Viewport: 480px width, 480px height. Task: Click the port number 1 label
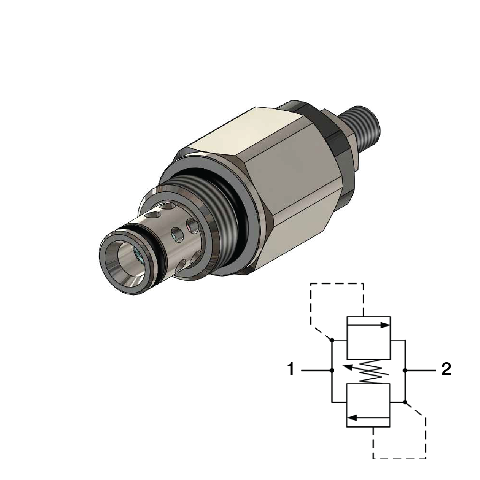[x=291, y=370]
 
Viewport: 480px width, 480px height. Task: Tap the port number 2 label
[x=446, y=370]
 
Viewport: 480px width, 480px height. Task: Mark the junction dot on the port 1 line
[x=332, y=370]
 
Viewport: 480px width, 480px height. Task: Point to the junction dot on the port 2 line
[x=405, y=370]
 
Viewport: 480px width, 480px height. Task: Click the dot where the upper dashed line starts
[x=332, y=340]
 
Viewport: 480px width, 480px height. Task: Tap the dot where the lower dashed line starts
[x=405, y=402]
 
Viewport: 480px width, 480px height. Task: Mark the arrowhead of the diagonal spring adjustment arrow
[x=346, y=367]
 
